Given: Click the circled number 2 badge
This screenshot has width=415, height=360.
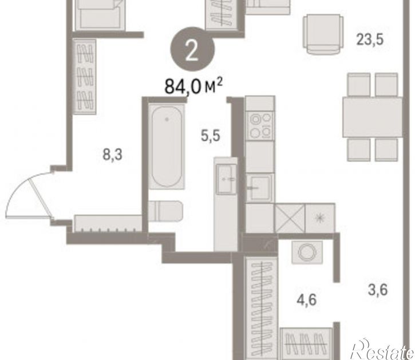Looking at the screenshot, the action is (192, 49).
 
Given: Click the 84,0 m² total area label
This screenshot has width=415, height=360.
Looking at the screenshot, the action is (193, 86).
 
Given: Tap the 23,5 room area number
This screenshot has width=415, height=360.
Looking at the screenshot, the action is (370, 40).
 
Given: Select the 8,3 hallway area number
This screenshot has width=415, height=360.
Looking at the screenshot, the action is (113, 155).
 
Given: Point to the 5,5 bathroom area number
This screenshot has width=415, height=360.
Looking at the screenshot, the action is (211, 136).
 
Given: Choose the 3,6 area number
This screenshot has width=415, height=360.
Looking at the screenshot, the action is (378, 290).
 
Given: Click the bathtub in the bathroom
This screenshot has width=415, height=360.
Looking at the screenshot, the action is (167, 146).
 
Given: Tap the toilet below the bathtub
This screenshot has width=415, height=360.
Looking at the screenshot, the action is (165, 211).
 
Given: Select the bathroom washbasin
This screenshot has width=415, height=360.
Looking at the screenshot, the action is (226, 179).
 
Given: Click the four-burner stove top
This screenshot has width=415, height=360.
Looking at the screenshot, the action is (260, 125).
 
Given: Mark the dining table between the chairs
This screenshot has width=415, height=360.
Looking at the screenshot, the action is (373, 117).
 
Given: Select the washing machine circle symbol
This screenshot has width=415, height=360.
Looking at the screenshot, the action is (307, 252).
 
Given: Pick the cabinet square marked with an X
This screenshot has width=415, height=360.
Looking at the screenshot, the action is (290, 218).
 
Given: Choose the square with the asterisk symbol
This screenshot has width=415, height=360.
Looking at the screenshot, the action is (320, 218).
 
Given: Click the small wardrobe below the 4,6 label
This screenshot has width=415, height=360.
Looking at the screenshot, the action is (306, 343).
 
